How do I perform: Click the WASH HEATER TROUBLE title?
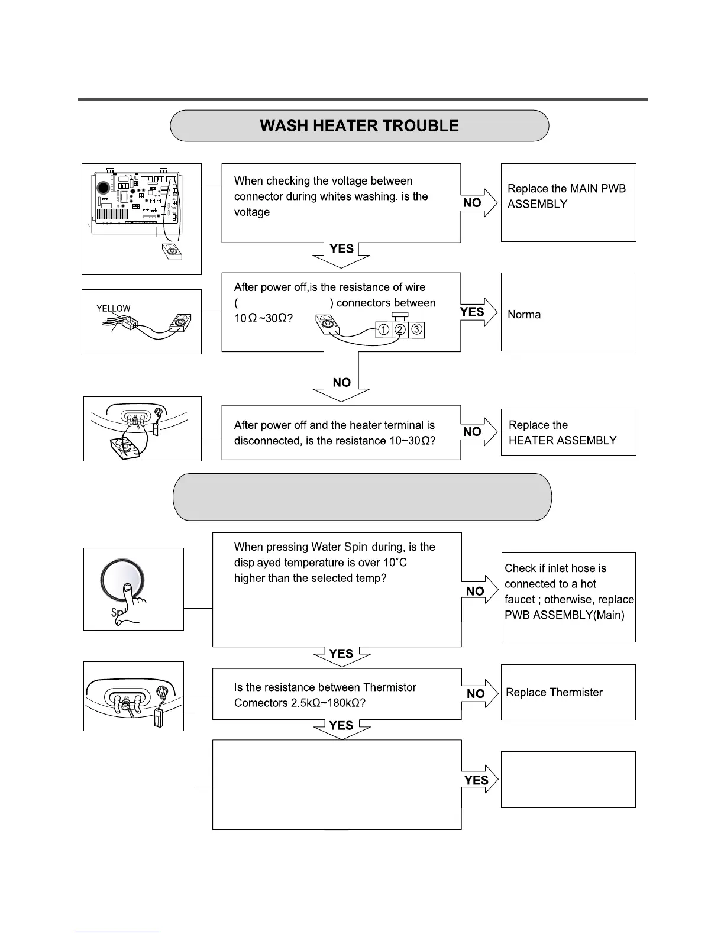point(359,126)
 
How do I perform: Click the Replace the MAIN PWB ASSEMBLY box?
point(568,202)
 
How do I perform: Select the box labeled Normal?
point(568,312)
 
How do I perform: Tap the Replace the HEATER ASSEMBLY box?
point(568,432)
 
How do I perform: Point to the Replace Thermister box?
point(568,692)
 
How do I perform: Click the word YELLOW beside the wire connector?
point(114,308)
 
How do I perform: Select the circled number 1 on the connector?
point(383,330)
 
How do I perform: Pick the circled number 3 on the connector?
point(416,330)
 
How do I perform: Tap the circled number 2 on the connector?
point(400,330)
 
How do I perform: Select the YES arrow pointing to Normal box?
point(478,312)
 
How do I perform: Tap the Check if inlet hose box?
point(568,597)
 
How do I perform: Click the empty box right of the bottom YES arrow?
point(568,779)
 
